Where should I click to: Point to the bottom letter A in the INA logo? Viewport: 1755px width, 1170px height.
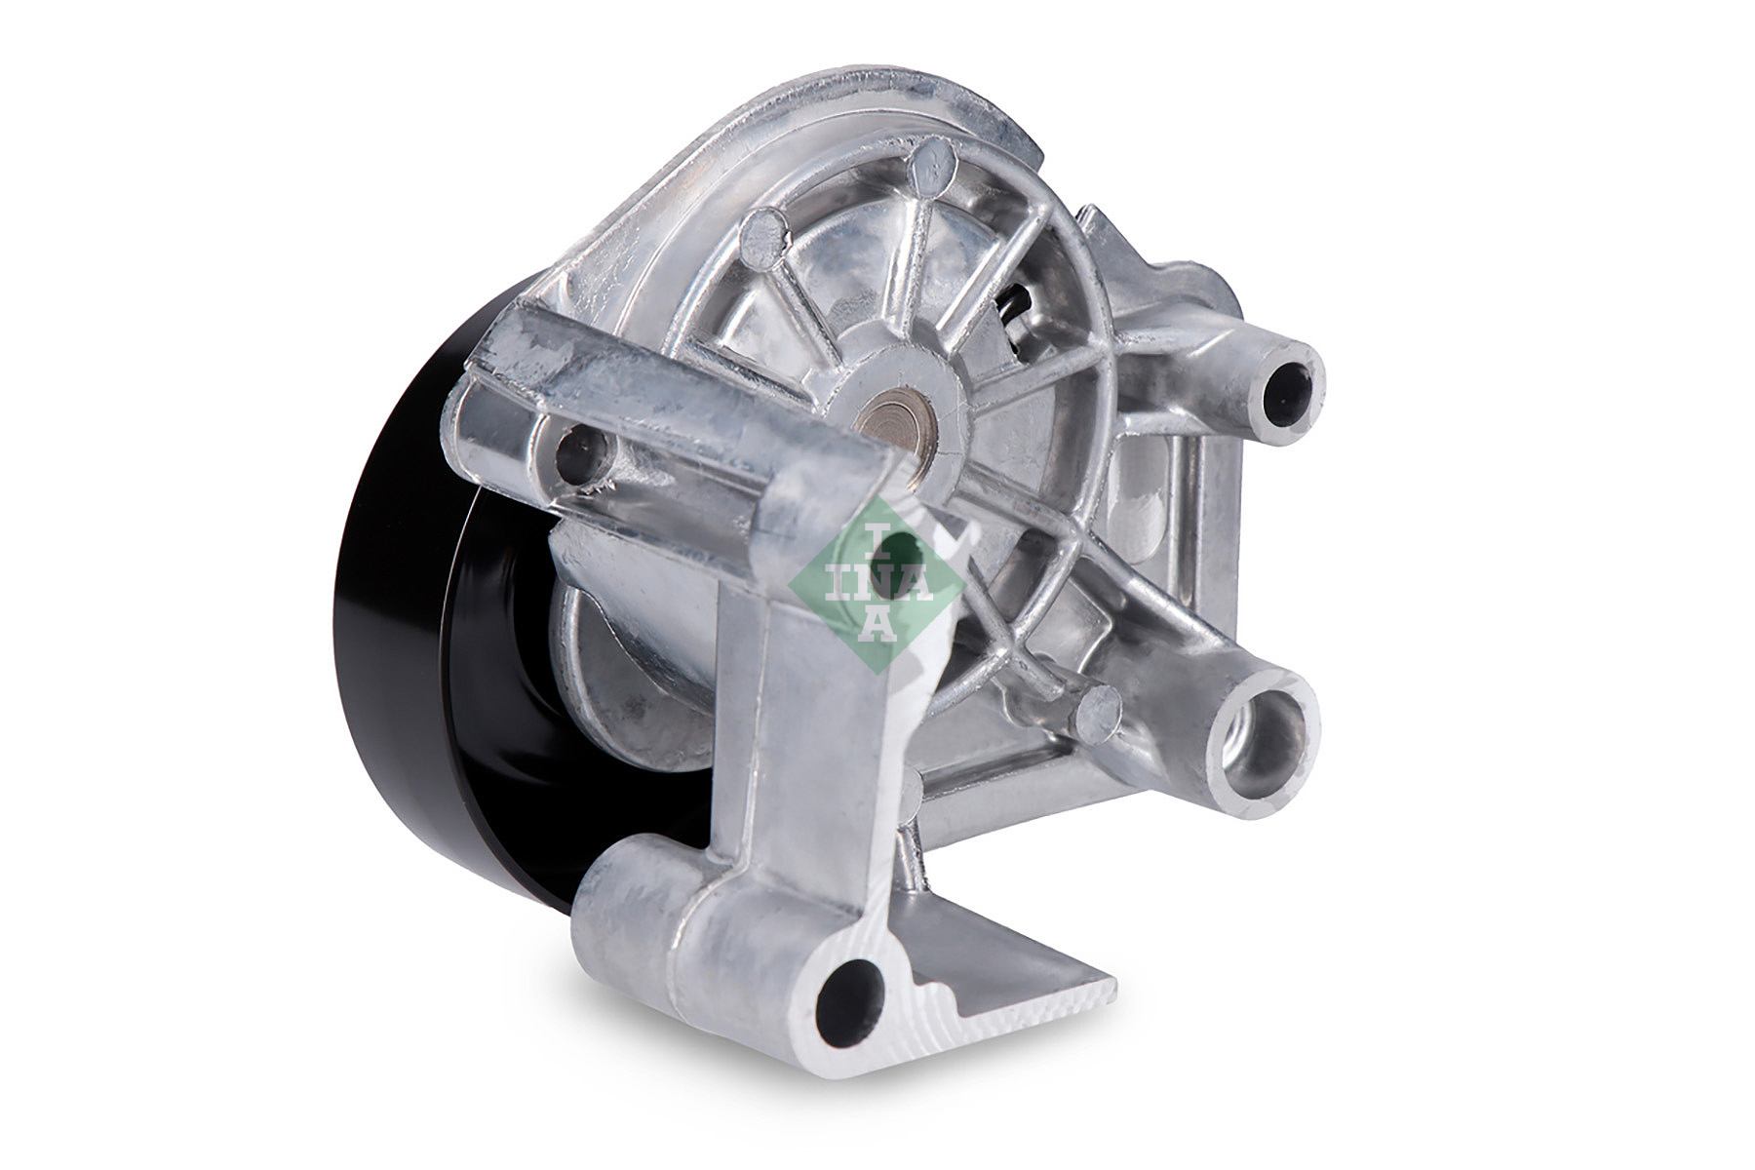pyautogui.click(x=878, y=625)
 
